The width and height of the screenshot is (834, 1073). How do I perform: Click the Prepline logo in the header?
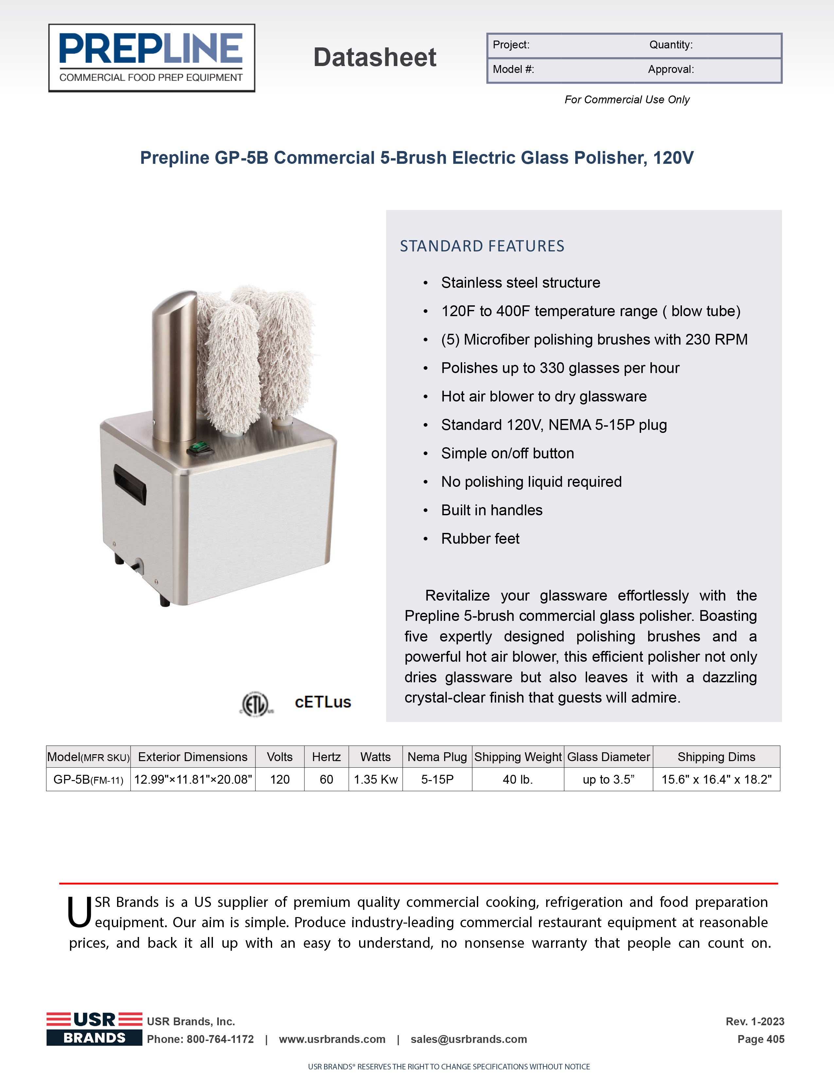pyautogui.click(x=151, y=58)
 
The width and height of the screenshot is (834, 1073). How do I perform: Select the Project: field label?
pyautogui.click(x=511, y=45)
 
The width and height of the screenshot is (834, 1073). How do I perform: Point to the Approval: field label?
pyautogui.click(x=671, y=70)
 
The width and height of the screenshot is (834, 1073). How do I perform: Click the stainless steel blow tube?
pyautogui.click(x=174, y=366)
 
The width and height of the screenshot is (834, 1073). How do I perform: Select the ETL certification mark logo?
pyautogui.click(x=256, y=704)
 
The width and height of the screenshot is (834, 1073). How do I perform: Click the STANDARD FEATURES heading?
pyautogui.click(x=482, y=246)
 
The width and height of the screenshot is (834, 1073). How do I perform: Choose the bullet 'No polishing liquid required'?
pyautogui.click(x=531, y=482)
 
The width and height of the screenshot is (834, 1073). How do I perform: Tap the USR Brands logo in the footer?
pyautogui.click(x=95, y=1028)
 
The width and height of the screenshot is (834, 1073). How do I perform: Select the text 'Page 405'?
pyautogui.click(x=760, y=1039)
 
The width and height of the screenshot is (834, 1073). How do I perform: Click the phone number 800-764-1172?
pyautogui.click(x=220, y=1039)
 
